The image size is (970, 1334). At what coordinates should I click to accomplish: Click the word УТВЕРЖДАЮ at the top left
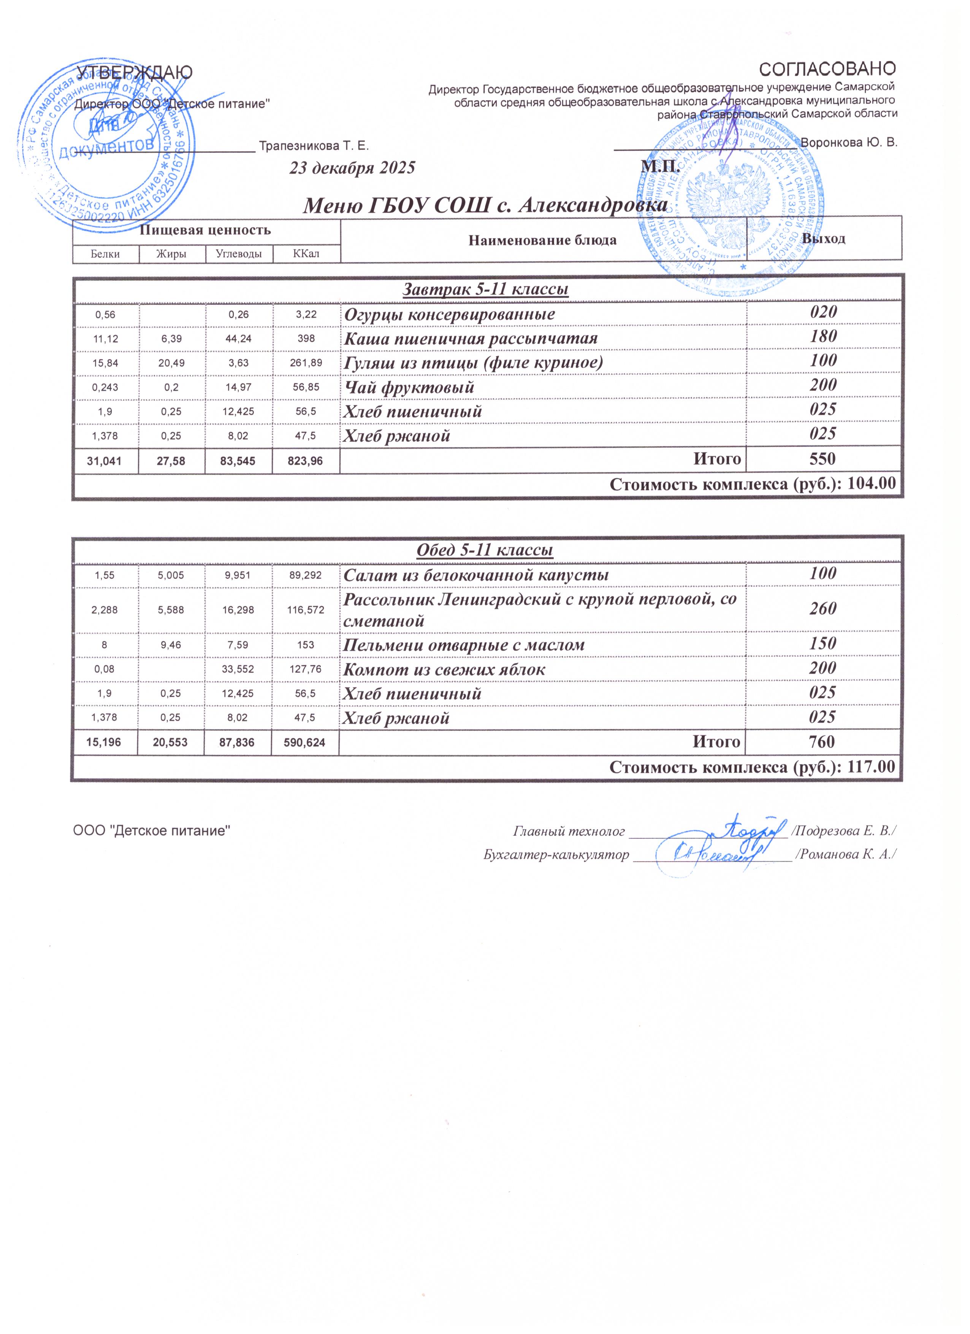(x=134, y=72)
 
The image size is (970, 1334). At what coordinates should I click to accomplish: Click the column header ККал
(x=306, y=254)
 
